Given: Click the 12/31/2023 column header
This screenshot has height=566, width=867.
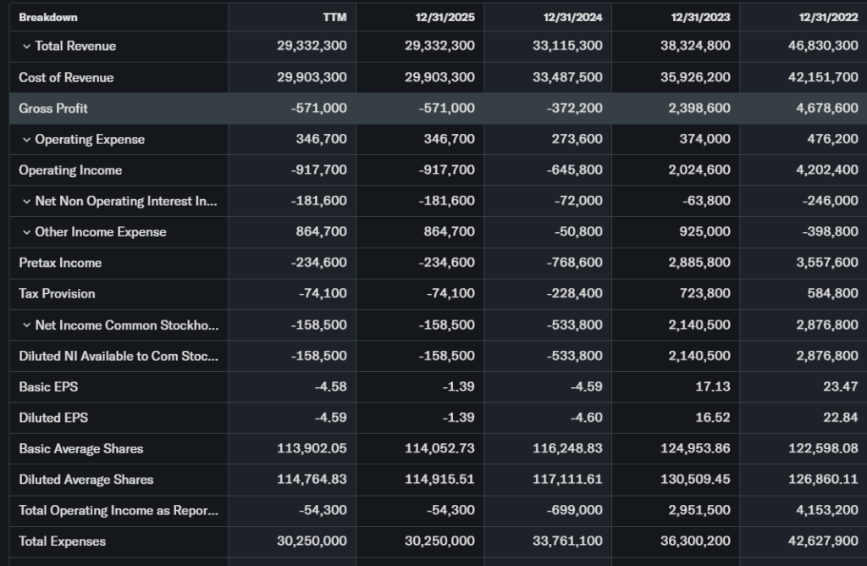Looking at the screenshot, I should pyautogui.click(x=701, y=17).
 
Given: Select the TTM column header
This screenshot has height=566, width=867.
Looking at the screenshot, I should pyautogui.click(x=334, y=17).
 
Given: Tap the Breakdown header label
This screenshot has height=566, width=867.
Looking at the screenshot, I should pyautogui.click(x=48, y=17).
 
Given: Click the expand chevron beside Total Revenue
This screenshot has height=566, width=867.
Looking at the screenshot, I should pyautogui.click(x=26, y=46).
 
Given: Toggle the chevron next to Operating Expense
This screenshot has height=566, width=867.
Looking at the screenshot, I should pyautogui.click(x=26, y=139).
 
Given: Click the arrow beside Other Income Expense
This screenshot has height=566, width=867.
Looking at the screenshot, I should pyautogui.click(x=26, y=232).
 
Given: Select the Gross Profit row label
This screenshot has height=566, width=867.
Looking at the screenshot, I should pyautogui.click(x=53, y=108).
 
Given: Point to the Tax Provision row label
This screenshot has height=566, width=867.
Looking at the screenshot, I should pyautogui.click(x=57, y=294).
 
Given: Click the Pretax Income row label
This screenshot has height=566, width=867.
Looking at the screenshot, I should pyautogui.click(x=60, y=263).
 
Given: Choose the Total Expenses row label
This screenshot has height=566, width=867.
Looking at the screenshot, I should pyautogui.click(x=63, y=541).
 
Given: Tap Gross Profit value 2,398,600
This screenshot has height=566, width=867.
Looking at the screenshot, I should pyautogui.click(x=695, y=108).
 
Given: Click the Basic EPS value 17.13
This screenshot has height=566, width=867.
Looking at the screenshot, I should pyautogui.click(x=714, y=387).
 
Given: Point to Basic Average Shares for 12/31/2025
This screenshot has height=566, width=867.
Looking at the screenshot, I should pyautogui.click(x=439, y=449).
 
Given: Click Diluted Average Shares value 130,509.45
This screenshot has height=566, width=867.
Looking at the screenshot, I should pyautogui.click(x=695, y=480).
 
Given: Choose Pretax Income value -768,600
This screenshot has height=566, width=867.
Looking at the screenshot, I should pyautogui.click(x=571, y=263).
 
